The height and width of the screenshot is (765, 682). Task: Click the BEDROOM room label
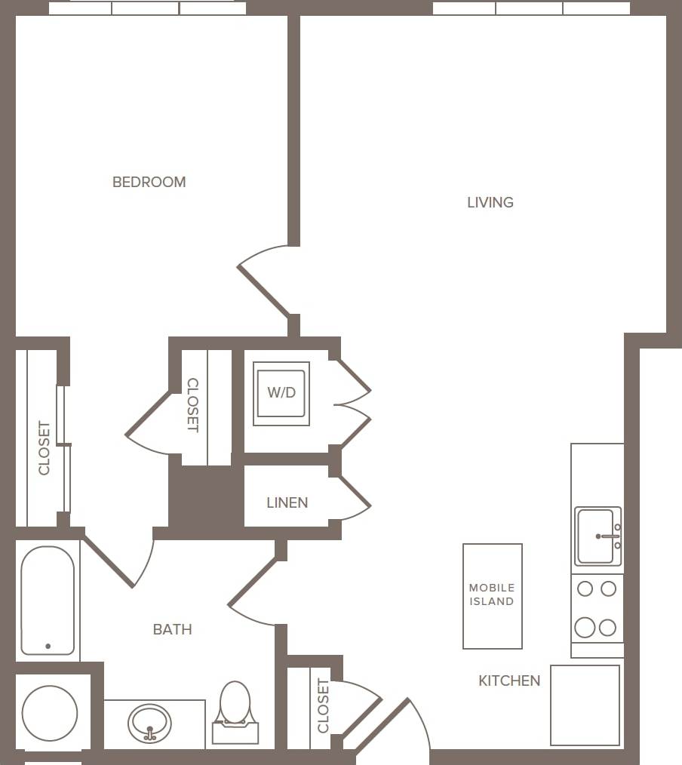pos(149,182)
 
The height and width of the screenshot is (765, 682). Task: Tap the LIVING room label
pos(490,202)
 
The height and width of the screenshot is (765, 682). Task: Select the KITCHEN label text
pos(509,681)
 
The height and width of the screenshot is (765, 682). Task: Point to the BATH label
pos(172,629)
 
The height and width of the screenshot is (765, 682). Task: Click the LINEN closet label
pos(287,502)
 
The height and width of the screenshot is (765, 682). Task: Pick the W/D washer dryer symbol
pos(281,393)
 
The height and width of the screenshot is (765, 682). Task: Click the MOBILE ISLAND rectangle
pos(492,595)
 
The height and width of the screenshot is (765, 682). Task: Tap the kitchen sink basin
pos(595,536)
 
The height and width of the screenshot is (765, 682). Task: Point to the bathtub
pos(48,601)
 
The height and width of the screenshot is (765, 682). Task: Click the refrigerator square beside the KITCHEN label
pos(585,705)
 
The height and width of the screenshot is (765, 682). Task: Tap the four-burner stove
pos(596,608)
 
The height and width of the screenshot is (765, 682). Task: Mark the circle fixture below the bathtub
pos(50,713)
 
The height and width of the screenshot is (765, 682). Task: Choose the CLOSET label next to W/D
pos(192,405)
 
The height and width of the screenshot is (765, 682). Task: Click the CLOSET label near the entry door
pos(323,706)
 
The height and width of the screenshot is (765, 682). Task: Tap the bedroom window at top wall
pos(147,8)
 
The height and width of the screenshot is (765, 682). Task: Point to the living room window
pos(531,8)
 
